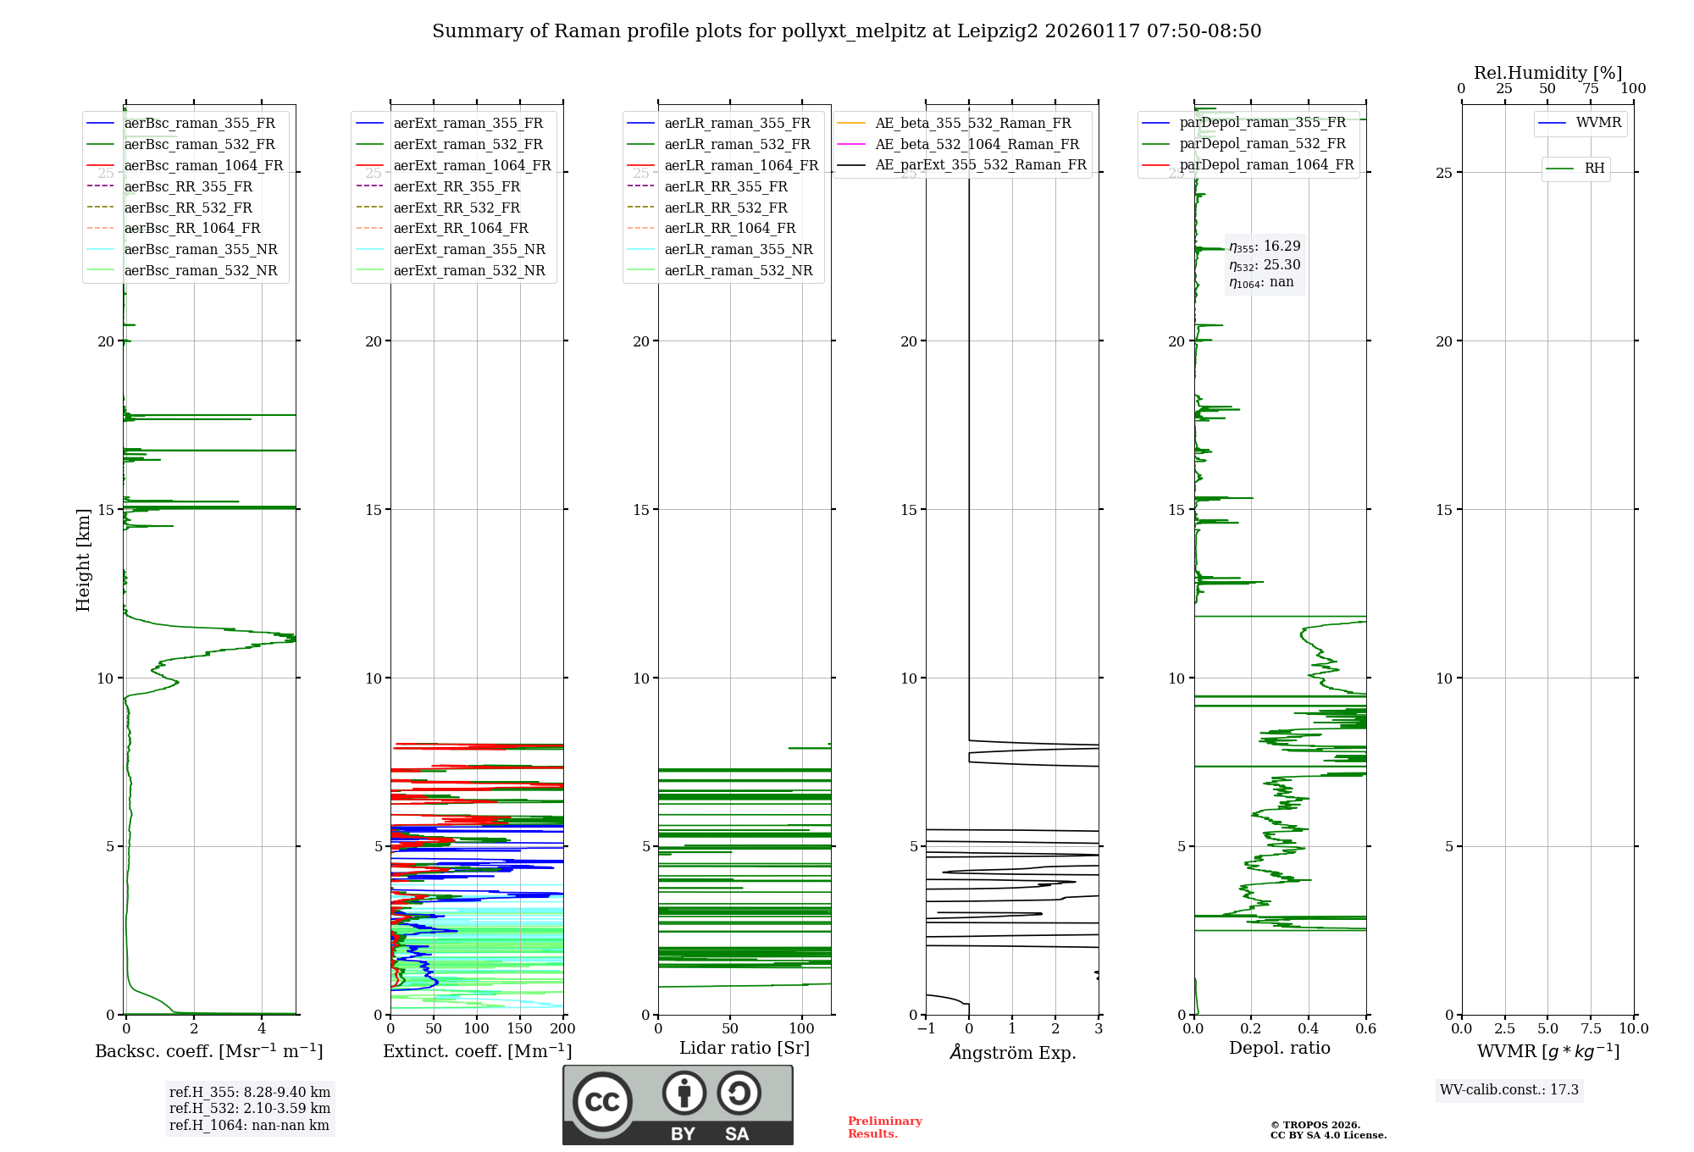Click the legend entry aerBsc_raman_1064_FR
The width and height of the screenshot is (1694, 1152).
[203, 166]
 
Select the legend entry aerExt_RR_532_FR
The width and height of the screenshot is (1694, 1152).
[457, 208]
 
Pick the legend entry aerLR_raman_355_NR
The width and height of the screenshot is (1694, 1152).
[738, 250]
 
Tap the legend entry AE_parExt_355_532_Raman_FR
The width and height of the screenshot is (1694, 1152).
[980, 165]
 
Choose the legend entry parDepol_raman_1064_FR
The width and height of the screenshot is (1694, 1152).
[1266, 165]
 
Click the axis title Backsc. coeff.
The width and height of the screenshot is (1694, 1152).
[208, 1051]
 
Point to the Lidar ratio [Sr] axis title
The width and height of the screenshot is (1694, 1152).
[744, 1049]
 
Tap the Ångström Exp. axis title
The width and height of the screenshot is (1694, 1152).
[1012, 1053]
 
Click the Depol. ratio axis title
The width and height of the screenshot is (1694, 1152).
[1279, 1049]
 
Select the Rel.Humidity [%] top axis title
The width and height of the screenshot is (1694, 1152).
[1547, 73]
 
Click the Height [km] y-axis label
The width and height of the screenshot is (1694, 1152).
[83, 560]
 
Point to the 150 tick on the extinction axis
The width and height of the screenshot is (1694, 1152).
[519, 1029]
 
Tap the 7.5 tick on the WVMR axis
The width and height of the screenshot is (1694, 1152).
[1591, 1029]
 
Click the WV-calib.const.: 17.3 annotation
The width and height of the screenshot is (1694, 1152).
[1509, 1090]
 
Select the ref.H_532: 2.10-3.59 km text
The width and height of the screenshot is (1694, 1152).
[249, 1109]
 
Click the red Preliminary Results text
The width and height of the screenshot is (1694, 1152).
[884, 1127]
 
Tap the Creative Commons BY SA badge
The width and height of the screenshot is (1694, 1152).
[678, 1105]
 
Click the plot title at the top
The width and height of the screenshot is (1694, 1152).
[846, 31]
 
